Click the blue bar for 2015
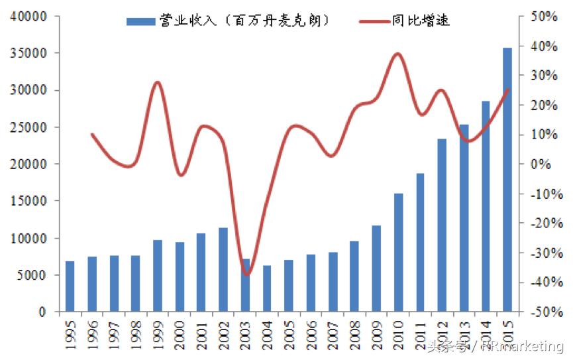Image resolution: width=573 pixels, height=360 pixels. (507, 179)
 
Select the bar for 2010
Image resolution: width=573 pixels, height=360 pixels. (398, 252)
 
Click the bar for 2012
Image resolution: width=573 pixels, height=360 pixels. (442, 225)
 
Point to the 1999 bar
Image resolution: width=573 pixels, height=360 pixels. (158, 276)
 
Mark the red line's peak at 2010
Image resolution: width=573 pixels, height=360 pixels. (397, 54)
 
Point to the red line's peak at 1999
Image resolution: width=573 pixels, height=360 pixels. (157, 82)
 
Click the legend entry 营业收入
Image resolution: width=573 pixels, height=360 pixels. (229, 21)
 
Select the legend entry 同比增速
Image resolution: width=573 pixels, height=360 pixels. (404, 21)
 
